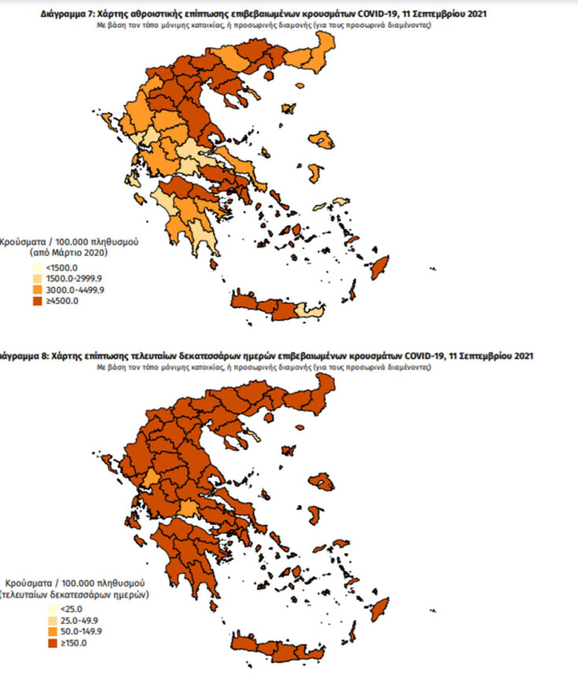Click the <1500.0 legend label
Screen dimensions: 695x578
pos(62,267)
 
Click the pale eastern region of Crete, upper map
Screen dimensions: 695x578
pos(313,312)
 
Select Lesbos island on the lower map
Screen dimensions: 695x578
pos(320,479)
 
